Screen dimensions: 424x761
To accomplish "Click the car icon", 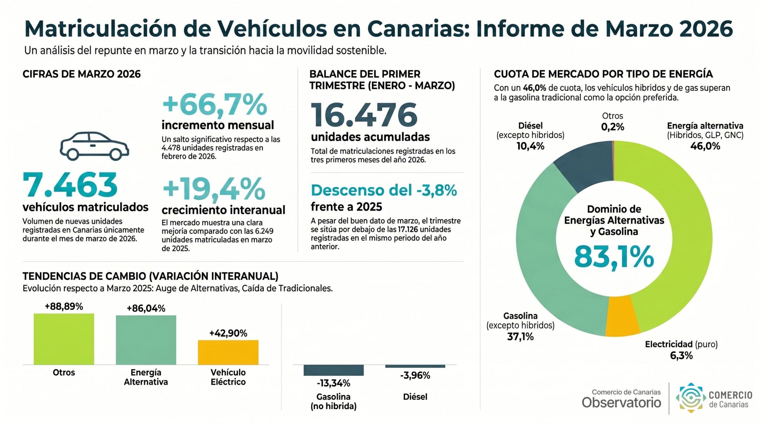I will pyautogui.click(x=94, y=146).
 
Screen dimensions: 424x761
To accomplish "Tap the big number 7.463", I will pyautogui.click(x=70, y=185).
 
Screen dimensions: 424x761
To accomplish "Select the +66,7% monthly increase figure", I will pyautogui.click(x=215, y=105).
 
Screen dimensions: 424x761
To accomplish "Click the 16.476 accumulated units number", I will pyautogui.click(x=364, y=115).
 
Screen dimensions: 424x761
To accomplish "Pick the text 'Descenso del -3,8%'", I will pyautogui.click(x=384, y=190).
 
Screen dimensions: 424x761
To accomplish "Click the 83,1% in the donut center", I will pyautogui.click(x=614, y=256).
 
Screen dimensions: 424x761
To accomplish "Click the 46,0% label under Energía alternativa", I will pyautogui.click(x=705, y=146).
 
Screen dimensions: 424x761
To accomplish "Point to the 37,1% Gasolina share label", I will pyautogui.click(x=520, y=337).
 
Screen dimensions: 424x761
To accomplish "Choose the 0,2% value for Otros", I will pyautogui.click(x=612, y=127).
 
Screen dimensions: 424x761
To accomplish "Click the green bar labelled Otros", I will pyautogui.click(x=64, y=339).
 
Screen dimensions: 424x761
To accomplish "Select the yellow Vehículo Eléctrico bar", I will pyautogui.click(x=228, y=352).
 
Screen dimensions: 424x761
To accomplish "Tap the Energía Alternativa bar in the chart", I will pyautogui.click(x=146, y=340).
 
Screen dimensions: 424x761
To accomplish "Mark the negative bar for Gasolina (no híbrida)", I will pyautogui.click(x=333, y=370).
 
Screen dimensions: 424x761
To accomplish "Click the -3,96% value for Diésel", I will pyautogui.click(x=415, y=375).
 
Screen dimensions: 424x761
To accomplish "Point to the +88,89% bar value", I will pyautogui.click(x=64, y=306).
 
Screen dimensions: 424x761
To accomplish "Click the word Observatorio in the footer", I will pyautogui.click(x=621, y=402).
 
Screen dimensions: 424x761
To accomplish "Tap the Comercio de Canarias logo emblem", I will pyautogui.click(x=691, y=398).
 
